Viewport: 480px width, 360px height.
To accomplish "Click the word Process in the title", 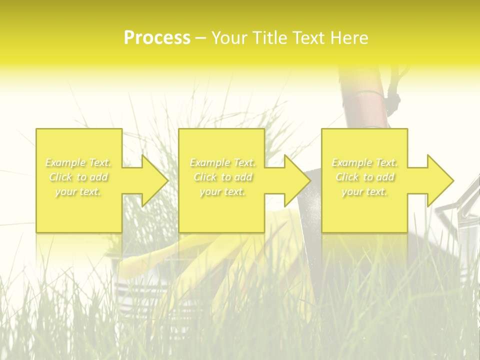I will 157,37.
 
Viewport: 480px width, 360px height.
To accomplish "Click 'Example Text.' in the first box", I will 78,162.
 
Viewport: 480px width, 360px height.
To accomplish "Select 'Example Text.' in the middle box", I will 222,162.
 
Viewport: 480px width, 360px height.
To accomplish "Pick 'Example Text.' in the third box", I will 364,162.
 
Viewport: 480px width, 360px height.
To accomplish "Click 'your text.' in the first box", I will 78,191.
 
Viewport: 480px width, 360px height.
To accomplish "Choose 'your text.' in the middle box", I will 222,191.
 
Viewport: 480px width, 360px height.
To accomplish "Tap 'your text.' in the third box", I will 364,191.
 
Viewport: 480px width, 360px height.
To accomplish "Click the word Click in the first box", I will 60,177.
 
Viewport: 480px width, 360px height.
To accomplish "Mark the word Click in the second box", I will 205,177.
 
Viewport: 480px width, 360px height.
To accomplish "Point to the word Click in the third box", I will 347,177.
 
